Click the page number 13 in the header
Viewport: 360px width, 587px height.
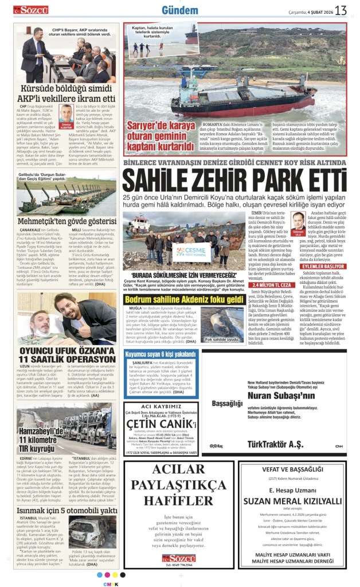(x=341, y=10)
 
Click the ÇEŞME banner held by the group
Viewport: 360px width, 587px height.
(x=189, y=251)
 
